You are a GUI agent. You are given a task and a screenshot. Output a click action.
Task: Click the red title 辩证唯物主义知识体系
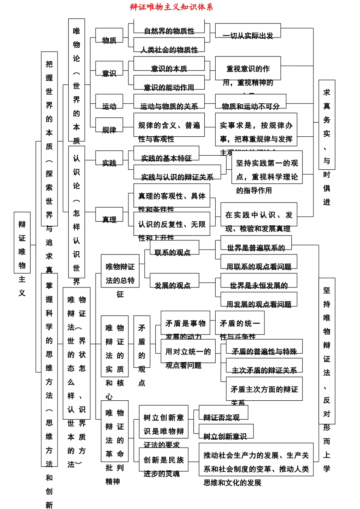click(x=171, y=7)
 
